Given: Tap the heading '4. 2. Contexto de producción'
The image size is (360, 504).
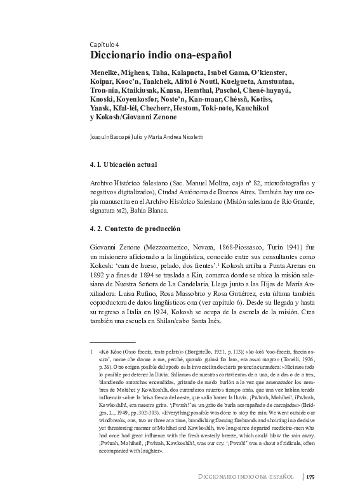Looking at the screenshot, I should tap(135, 229).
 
